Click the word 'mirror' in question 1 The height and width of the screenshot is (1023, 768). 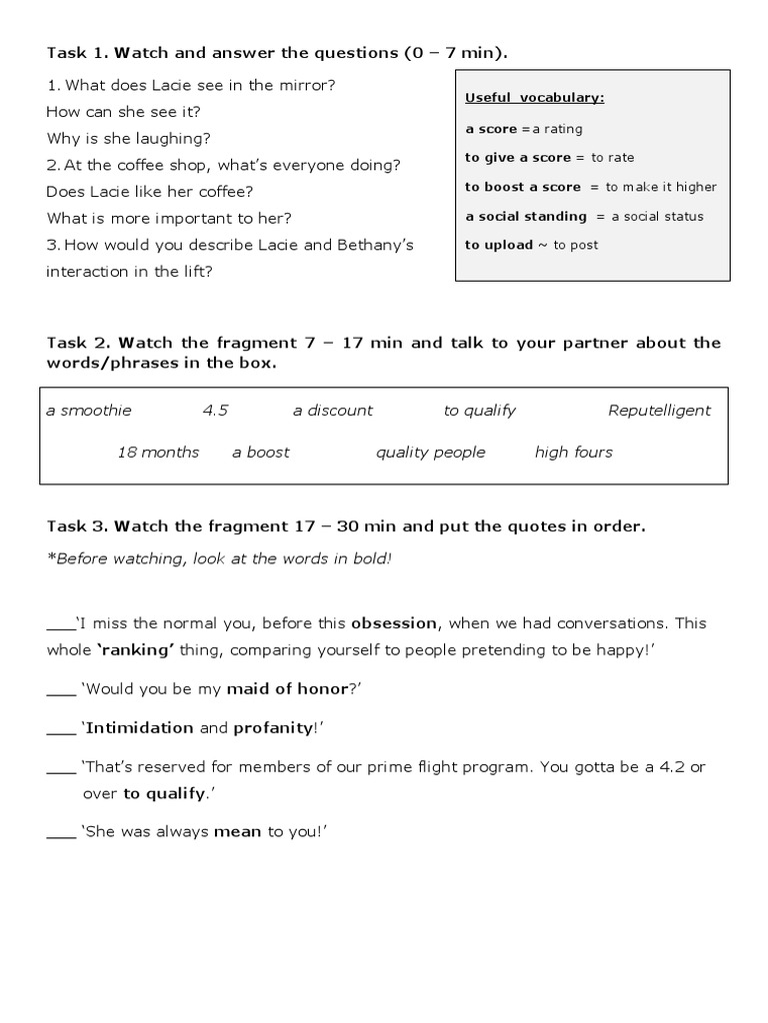point(309,85)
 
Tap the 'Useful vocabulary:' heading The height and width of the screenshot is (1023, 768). point(534,98)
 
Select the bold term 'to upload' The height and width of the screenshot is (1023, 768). point(499,245)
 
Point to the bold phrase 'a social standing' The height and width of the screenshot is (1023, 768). point(526,216)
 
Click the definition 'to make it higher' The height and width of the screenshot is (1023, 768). point(661,187)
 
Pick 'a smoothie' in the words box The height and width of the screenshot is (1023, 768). point(89,410)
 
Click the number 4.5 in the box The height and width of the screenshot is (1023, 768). point(215,410)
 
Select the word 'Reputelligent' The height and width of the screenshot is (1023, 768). point(659,410)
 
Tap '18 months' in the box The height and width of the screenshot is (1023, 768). point(158,452)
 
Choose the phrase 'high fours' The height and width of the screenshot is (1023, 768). point(573,452)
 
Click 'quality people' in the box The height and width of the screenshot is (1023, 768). point(430,452)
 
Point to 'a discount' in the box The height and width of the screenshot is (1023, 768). point(332,410)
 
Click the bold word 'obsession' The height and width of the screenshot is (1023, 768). point(394,622)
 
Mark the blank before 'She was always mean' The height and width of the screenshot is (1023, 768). point(61,831)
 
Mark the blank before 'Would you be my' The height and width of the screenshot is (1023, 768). point(61,688)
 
